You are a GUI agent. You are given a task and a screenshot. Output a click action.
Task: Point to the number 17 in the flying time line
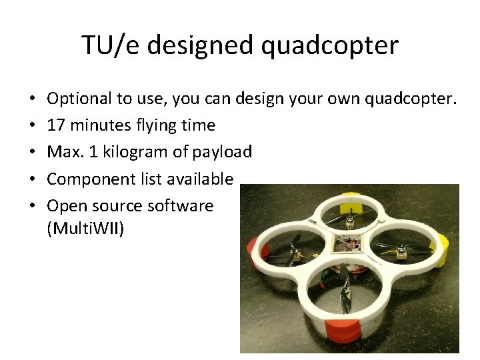[57, 125]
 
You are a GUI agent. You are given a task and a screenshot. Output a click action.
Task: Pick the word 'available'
[200, 179]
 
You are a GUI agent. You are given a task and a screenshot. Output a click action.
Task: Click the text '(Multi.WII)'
[85, 230]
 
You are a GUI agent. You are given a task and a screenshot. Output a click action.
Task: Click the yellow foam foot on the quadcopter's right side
[442, 247]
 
